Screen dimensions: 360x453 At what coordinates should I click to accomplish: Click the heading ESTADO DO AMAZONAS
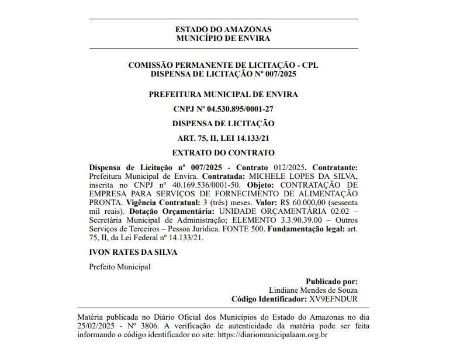223,29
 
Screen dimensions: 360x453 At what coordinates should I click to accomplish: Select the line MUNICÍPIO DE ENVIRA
223,39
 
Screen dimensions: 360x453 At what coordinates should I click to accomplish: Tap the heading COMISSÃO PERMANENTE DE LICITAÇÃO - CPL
223,65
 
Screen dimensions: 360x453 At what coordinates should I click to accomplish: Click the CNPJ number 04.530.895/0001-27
240,109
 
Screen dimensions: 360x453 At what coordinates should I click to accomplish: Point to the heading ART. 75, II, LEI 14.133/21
223,139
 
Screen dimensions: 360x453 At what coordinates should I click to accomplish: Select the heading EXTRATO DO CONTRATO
223,153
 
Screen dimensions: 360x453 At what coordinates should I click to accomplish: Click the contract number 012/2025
289,168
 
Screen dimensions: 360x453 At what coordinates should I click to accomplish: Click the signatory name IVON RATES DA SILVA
133,252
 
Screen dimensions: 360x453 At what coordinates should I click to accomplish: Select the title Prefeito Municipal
119,266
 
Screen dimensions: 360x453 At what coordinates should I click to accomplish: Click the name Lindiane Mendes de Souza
313,290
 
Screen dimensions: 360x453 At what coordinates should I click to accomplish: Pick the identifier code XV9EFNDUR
333,299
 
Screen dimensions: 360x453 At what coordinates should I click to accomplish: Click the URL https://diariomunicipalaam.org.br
272,335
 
